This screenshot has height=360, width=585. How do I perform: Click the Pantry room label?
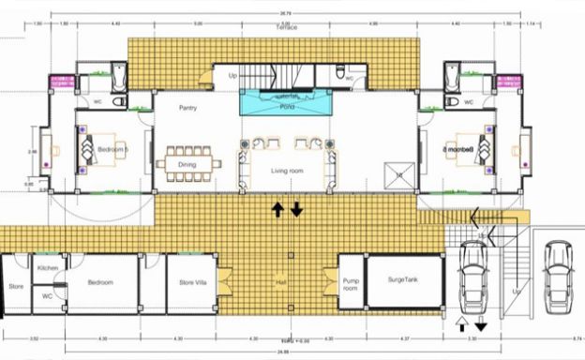coord(187,108)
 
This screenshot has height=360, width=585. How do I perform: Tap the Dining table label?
coord(187,165)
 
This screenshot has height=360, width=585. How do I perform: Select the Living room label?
coord(287,172)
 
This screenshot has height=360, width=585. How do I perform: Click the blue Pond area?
coord(287,102)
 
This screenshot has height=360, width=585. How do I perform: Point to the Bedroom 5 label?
coord(114,151)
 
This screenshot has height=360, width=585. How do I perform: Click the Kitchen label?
coord(49,269)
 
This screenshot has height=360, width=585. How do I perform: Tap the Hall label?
coord(280,282)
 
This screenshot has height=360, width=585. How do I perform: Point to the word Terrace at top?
coord(287,30)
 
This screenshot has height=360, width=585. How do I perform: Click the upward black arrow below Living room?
coord(278,209)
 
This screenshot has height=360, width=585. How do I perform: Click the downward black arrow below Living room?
coord(296,209)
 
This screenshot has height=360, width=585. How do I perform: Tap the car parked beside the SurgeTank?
coord(472,278)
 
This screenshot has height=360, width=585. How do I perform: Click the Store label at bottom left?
coord(15,286)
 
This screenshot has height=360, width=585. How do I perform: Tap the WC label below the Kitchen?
coord(47,295)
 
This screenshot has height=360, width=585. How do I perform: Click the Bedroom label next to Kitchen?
coord(100,281)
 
